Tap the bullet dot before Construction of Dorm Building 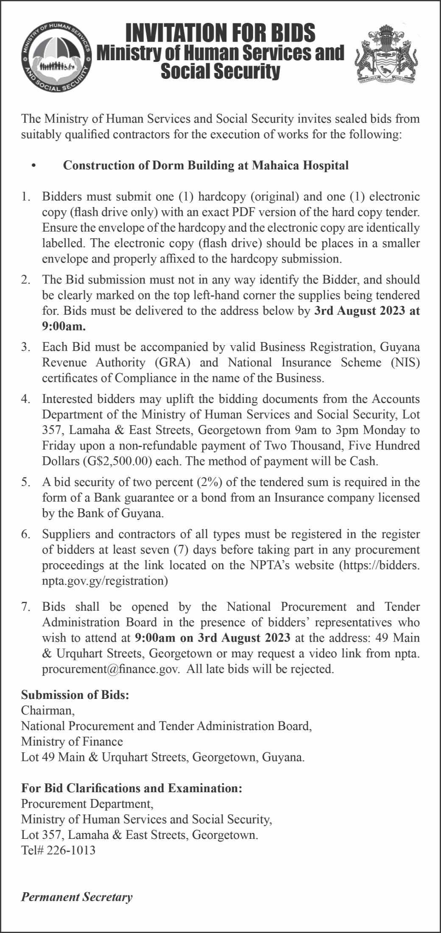(x=33, y=166)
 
